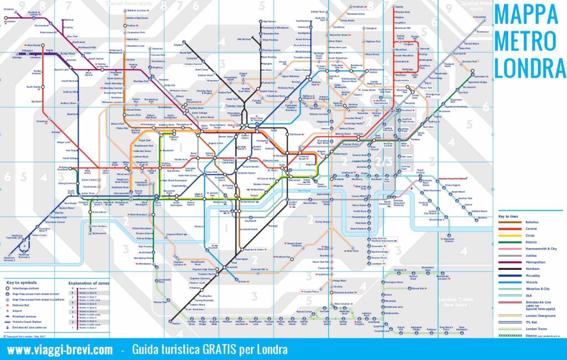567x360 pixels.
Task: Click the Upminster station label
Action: [480, 76]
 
